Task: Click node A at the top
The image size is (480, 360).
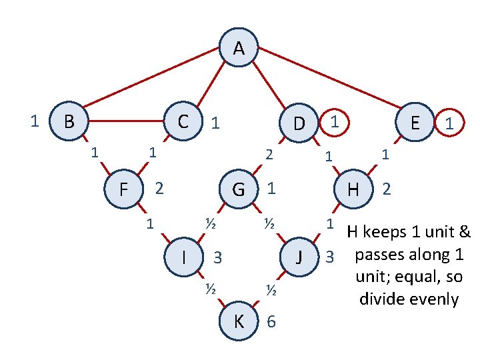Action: point(239,48)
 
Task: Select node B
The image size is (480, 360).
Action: point(68,121)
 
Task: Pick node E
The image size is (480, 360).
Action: point(415,123)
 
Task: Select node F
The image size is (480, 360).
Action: point(124,189)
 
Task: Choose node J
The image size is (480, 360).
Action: point(299,256)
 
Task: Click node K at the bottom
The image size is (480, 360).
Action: point(239,322)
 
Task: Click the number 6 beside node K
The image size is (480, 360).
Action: point(271,322)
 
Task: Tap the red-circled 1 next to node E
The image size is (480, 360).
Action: point(451,123)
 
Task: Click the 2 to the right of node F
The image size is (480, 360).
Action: point(159,189)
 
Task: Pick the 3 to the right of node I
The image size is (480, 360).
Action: point(217,257)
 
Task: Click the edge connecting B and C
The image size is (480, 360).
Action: point(127,121)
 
